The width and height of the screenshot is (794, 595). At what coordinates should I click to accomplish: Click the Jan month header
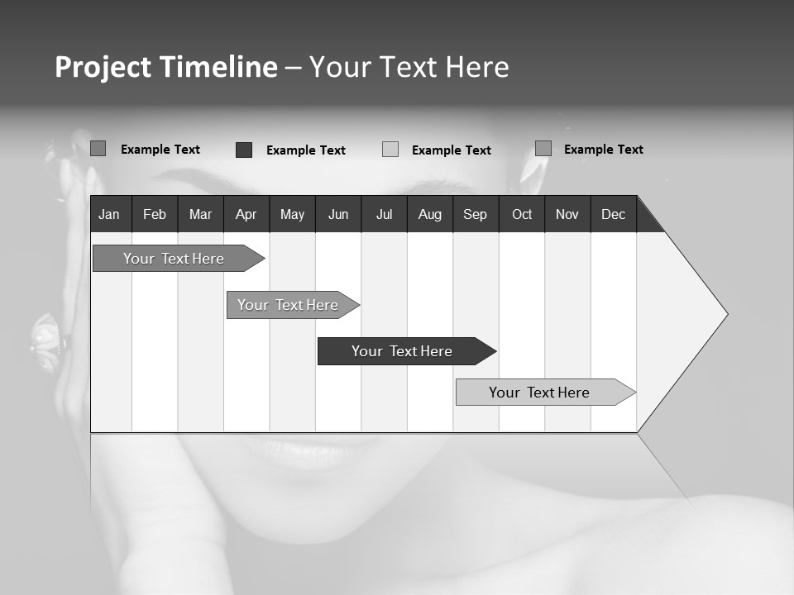click(x=109, y=214)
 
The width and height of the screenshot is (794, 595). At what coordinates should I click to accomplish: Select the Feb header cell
click(x=155, y=214)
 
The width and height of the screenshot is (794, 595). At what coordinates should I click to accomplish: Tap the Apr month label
click(x=246, y=214)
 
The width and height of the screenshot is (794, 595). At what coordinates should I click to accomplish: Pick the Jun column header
click(x=338, y=214)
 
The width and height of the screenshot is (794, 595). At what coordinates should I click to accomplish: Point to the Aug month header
click(x=429, y=214)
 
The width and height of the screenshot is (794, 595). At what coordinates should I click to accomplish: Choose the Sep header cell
click(x=475, y=214)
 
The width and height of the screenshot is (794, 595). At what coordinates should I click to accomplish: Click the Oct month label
click(x=522, y=214)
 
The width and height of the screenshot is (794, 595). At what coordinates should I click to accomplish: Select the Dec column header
click(x=613, y=214)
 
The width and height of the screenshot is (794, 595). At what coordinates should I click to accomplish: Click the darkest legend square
click(x=244, y=150)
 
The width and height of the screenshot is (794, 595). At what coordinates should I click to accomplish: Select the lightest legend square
click(x=390, y=150)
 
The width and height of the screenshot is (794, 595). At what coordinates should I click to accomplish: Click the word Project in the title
click(x=104, y=67)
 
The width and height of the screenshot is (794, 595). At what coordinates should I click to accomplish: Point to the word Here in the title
click(x=477, y=67)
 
